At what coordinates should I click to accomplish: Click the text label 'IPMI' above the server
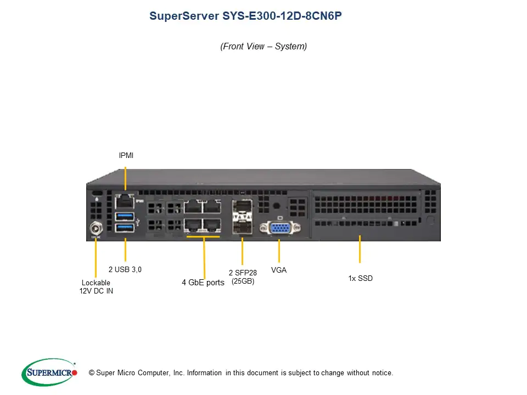pyautogui.click(x=126, y=156)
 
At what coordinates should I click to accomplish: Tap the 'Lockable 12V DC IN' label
pyautogui.click(x=96, y=287)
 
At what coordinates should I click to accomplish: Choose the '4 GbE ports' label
pyautogui.click(x=203, y=283)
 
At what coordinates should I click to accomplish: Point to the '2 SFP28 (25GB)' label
pyautogui.click(x=243, y=276)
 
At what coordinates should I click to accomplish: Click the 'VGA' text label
pyautogui.click(x=279, y=270)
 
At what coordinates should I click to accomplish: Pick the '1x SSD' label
pyautogui.click(x=360, y=278)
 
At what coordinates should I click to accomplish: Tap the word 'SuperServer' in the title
pyautogui.click(x=184, y=16)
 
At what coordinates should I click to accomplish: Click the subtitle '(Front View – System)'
pyautogui.click(x=263, y=46)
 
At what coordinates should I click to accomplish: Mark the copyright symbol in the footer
pyautogui.click(x=91, y=373)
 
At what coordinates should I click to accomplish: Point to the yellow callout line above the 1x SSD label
pyautogui.click(x=360, y=249)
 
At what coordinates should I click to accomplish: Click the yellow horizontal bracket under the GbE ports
pyautogui.click(x=203, y=236)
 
